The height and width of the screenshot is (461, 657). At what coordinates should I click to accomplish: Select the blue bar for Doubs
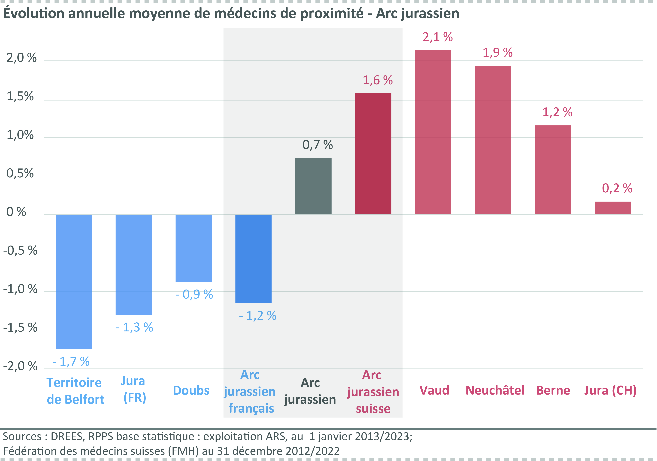pyautogui.click(x=194, y=248)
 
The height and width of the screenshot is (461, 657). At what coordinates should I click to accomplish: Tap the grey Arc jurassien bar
pyautogui.click(x=313, y=186)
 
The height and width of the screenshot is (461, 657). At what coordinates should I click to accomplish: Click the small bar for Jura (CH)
pyautogui.click(x=613, y=208)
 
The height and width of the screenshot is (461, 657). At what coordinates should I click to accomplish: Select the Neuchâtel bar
pyautogui.click(x=493, y=140)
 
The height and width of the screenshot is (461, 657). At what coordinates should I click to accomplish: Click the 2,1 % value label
pyautogui.click(x=438, y=37)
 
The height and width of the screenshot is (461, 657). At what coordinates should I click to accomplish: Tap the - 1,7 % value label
pyautogui.click(x=71, y=362)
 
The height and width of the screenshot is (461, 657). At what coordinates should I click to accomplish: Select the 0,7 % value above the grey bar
pyautogui.click(x=318, y=145)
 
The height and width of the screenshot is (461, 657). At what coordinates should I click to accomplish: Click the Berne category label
pyautogui.click(x=553, y=390)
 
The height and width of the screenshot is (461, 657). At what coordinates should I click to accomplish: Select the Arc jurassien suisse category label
pyautogui.click(x=373, y=392)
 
